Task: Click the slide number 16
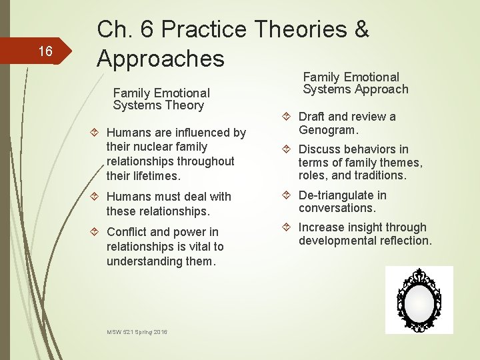45,51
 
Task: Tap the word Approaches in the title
161,59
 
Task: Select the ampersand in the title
361,30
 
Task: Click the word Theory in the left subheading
187,105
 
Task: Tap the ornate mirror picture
419,299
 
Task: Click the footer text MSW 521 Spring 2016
137,331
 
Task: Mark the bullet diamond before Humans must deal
96,197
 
